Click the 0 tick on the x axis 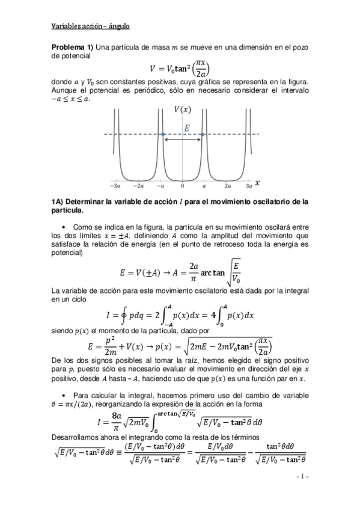pos(183,187)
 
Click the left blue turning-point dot pos(163,134)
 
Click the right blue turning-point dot pos(203,134)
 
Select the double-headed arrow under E pos(183,140)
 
